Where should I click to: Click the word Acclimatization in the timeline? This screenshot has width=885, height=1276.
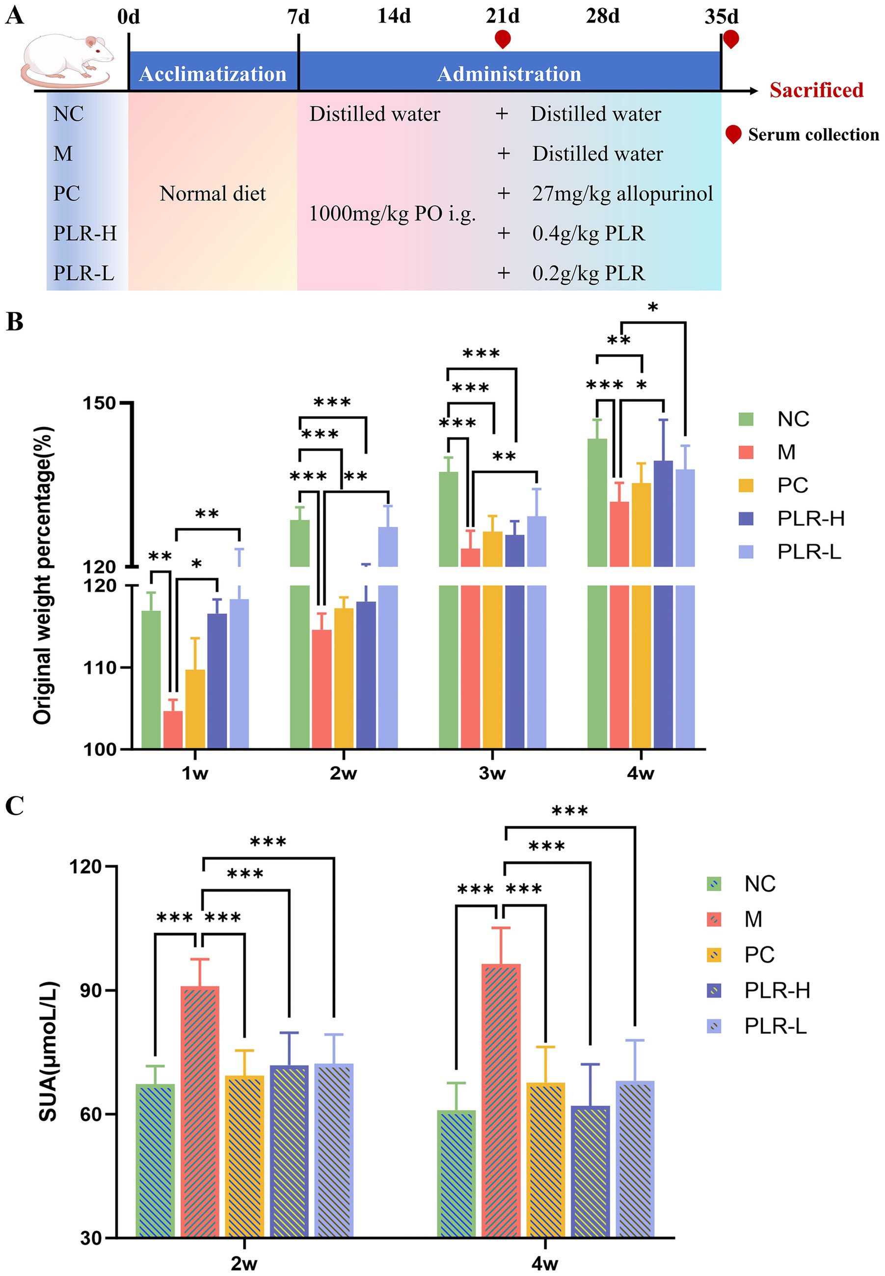213,74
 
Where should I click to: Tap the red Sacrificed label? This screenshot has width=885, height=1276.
816,90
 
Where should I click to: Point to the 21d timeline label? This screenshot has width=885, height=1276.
503,17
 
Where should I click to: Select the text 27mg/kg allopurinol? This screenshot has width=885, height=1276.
622,193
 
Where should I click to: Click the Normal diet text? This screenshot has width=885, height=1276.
213,193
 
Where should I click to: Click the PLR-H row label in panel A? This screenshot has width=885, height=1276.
85,234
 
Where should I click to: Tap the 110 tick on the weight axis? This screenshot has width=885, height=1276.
100,668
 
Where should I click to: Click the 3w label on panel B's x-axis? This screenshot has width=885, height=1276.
492,772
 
